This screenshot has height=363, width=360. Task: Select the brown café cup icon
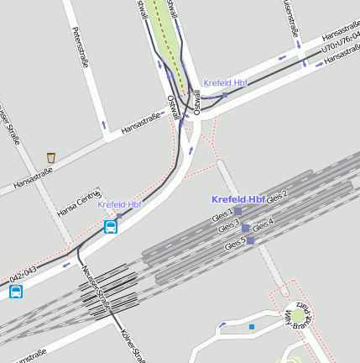click(51, 157)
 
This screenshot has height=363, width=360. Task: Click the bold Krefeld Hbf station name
click(238, 199)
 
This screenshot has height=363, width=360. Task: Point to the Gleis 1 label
click(224, 216)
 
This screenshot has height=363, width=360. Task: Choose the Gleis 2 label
click(277, 195)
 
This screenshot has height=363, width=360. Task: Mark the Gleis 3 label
click(228, 228)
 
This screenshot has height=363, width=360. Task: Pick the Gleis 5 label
click(235, 245)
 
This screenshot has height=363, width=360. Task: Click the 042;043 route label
click(23, 274)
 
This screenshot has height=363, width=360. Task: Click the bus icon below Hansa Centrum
click(111, 226)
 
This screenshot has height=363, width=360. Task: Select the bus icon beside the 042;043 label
click(16, 292)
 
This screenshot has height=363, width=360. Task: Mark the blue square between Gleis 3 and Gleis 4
click(246, 228)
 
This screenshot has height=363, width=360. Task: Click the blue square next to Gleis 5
click(250, 240)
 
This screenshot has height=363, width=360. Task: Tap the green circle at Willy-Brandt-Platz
click(299, 315)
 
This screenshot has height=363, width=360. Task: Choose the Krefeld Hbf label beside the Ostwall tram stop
click(225, 83)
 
